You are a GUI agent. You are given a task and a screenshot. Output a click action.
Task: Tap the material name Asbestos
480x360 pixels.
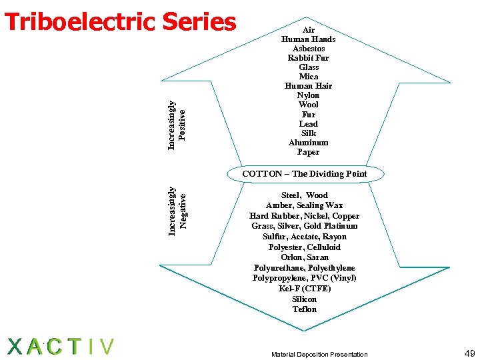tap(309, 49)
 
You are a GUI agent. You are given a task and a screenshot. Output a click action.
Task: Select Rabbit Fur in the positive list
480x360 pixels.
tap(309, 58)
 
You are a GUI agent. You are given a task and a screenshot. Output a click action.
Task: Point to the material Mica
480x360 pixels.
tap(309, 77)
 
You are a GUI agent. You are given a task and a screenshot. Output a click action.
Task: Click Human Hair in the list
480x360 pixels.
tap(309, 86)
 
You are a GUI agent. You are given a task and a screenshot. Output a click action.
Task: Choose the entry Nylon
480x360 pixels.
tap(309, 95)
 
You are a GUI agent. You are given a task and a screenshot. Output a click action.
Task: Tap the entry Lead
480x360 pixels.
tap(309, 124)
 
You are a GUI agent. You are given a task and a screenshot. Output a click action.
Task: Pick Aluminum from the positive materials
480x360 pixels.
tap(309, 143)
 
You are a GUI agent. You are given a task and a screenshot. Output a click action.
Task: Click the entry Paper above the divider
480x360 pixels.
tap(309, 152)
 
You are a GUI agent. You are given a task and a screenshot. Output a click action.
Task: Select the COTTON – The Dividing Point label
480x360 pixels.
tap(305, 174)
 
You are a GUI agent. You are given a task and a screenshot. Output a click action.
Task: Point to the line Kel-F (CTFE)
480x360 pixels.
tap(305, 289)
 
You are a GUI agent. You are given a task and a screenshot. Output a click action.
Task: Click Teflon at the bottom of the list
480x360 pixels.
tap(305, 309)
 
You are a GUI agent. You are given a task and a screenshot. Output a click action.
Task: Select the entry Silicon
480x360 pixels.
tap(305, 299)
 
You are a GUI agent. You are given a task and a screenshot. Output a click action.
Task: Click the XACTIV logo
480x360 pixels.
tap(60, 347)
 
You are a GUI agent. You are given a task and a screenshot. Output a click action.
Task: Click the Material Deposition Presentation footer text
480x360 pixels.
tap(319, 354)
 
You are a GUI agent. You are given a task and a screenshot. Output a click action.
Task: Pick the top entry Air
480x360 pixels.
tap(309, 30)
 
